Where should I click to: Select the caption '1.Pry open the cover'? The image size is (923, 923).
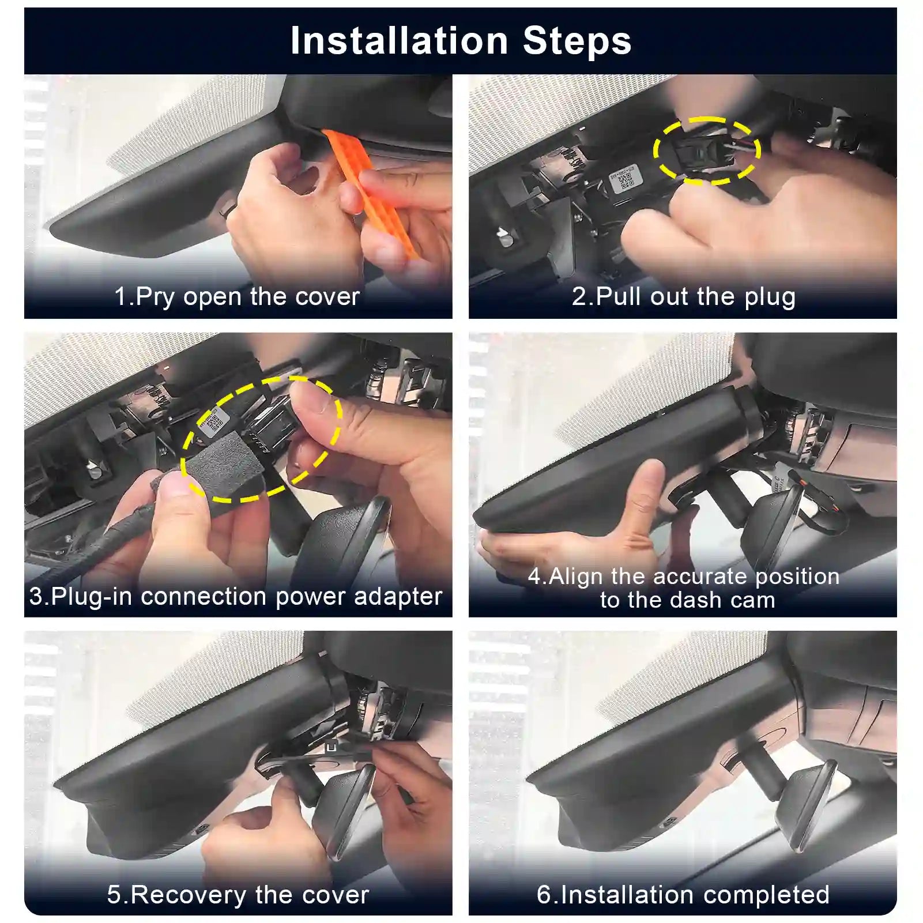(237, 296)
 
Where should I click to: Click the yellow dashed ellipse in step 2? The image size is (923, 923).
(707, 151)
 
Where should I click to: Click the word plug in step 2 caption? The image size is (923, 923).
(770, 297)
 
